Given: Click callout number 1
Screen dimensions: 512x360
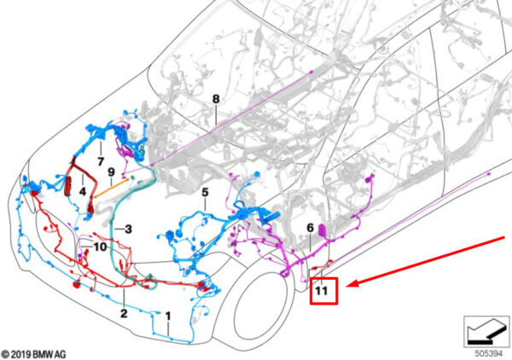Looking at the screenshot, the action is point(168,316).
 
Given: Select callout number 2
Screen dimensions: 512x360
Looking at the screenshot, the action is point(124,313).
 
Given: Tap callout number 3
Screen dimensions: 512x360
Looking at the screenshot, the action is point(128,229).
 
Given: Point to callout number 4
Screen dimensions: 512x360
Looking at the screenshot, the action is point(83,192).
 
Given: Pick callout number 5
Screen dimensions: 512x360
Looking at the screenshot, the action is point(205,193).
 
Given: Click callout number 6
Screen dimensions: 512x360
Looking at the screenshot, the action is point(311,228).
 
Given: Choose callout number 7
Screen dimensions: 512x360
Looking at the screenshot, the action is point(101,161).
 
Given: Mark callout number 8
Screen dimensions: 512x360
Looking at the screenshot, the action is point(216,99).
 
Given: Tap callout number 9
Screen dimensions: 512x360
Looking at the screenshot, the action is point(111,172).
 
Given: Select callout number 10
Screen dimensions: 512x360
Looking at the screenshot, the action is point(100,247).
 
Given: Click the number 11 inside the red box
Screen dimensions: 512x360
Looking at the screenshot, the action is point(322,291).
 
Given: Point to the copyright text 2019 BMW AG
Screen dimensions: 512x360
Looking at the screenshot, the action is point(33,354).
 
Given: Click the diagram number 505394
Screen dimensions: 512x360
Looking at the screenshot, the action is point(488,353).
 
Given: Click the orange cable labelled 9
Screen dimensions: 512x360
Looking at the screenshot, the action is point(110,188).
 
